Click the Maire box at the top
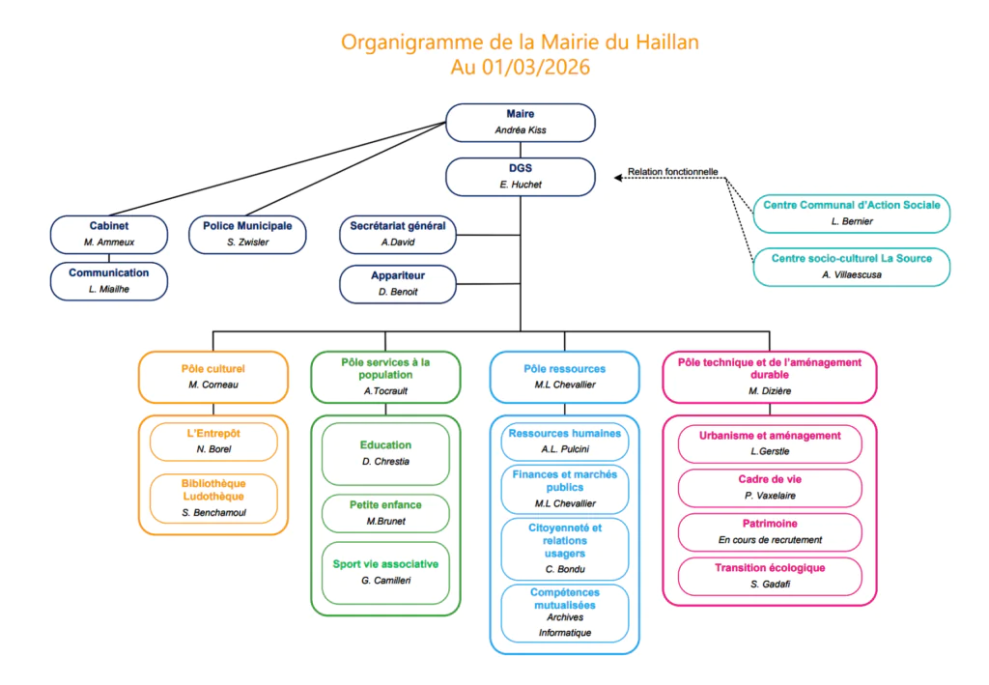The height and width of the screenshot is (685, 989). [520, 122]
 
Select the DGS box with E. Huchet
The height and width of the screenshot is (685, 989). [520, 176]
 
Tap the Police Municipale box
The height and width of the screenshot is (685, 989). [247, 234]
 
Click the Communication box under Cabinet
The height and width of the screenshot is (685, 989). [109, 280]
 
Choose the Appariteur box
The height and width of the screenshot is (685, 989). [398, 284]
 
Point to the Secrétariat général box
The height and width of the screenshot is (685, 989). [398, 234]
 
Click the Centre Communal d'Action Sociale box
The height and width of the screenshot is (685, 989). [851, 214]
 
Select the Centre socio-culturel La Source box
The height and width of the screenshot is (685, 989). [851, 267]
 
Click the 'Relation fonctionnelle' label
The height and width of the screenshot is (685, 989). [672, 172]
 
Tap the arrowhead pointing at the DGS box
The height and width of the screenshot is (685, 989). [617, 177]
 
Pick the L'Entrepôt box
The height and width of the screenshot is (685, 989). [213, 442]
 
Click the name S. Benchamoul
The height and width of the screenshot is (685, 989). [213, 513]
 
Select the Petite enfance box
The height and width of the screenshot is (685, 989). [385, 513]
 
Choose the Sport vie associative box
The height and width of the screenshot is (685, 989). [385, 571]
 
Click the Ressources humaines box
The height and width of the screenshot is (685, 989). [565, 442]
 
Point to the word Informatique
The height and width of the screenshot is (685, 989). [565, 633]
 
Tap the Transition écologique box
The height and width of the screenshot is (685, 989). [770, 576]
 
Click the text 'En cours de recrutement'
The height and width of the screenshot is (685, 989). [770, 539]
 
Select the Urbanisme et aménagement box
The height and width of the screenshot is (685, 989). [770, 443]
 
